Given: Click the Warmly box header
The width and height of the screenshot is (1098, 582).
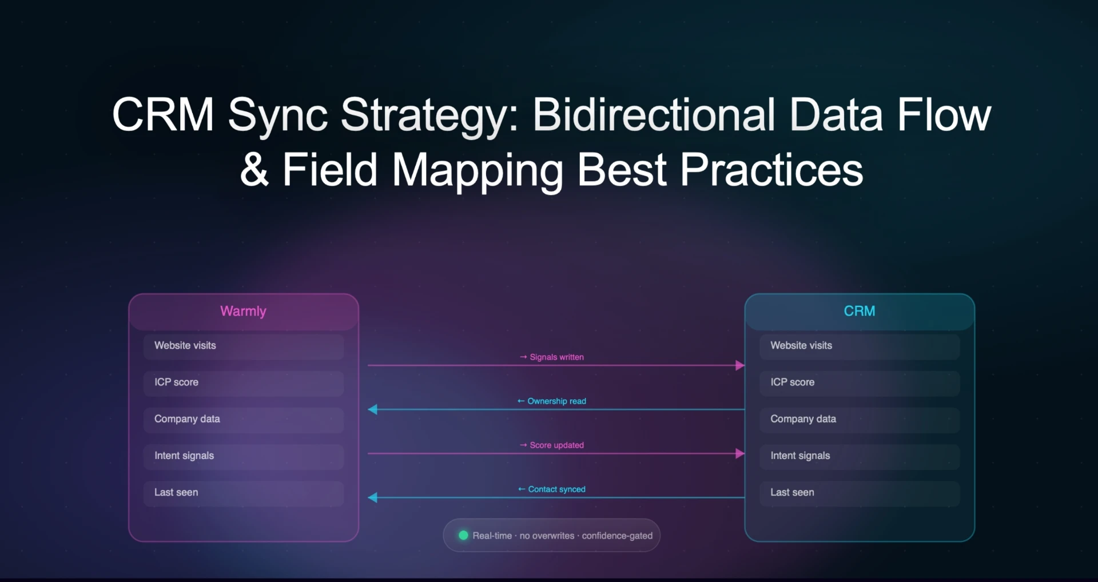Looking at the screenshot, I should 243,311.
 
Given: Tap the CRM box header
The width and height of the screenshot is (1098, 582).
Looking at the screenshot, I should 859,311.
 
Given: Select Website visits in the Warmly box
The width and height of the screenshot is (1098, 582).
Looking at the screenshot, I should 243,346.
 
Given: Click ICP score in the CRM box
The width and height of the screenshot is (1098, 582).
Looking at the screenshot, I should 859,382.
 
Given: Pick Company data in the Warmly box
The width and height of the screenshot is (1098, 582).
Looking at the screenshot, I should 243,419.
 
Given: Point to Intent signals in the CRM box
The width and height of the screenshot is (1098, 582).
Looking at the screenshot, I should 859,456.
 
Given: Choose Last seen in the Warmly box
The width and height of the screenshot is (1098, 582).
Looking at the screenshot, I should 243,493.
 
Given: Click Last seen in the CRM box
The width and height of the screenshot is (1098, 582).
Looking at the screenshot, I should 859,493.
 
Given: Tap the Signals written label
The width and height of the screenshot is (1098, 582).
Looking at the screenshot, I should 552,357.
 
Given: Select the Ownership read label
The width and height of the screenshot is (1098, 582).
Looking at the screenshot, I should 552,401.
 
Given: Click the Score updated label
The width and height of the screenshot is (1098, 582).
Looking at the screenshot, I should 552,445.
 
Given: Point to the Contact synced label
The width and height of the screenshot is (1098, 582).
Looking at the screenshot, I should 552,489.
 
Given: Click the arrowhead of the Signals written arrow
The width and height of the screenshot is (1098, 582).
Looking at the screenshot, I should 739,365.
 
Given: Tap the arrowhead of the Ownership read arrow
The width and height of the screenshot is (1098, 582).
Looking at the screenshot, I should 373,409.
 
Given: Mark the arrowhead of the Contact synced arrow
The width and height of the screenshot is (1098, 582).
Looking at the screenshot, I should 373,497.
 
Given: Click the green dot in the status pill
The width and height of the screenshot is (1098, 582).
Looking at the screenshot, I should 463,536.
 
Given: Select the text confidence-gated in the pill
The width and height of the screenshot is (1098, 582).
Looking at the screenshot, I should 617,536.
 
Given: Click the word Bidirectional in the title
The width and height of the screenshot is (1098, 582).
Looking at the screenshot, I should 654,115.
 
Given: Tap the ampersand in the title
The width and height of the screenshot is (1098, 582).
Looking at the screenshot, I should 254,170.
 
